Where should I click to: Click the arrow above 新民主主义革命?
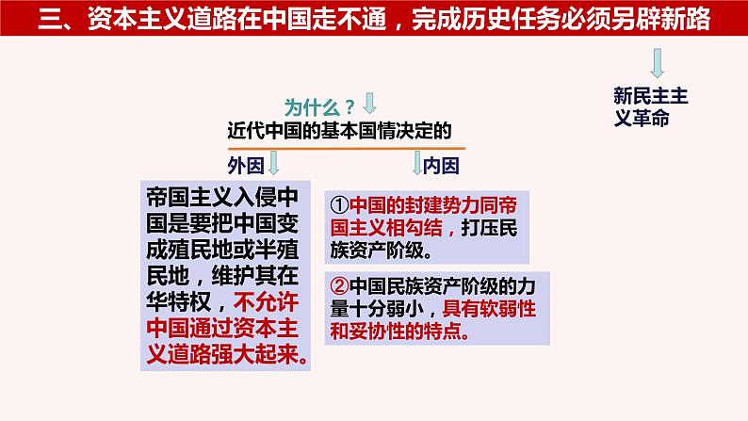[x=658, y=64]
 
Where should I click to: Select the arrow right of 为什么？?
[x=369, y=102]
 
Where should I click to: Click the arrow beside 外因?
[x=273, y=165]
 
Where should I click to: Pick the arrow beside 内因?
[x=415, y=165]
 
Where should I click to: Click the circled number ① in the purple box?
[x=340, y=204]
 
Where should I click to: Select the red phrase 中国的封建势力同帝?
[x=432, y=204]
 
